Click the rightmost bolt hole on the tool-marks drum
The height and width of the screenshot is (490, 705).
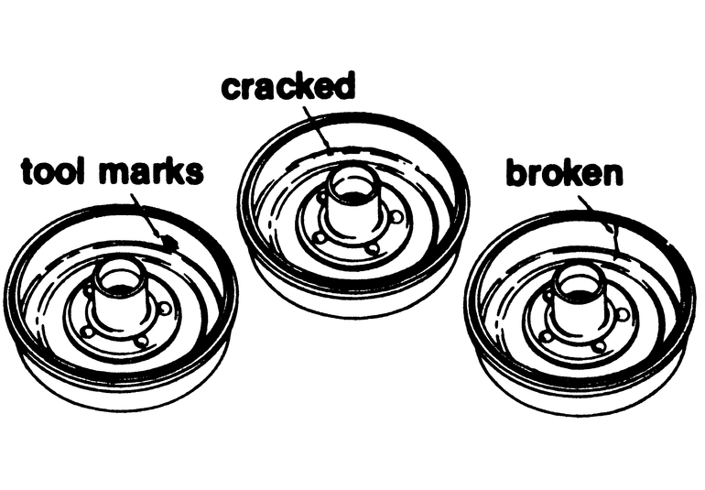163,309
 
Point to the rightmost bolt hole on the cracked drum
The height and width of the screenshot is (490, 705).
396,218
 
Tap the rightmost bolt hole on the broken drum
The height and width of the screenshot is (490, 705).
623,314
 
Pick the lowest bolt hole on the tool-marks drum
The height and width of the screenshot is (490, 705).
140,341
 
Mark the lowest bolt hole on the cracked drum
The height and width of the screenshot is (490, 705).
372,248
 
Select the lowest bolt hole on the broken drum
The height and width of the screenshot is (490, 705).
599,346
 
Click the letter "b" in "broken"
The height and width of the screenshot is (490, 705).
516,172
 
